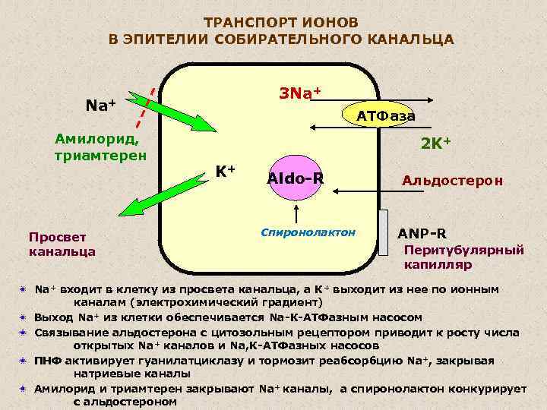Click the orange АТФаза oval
[x=385, y=115]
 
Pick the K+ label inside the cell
[x=224, y=172]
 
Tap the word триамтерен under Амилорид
[x=96, y=154]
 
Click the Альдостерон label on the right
[x=452, y=181]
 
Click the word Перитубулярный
[x=464, y=249]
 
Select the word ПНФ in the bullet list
[x=49, y=360]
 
